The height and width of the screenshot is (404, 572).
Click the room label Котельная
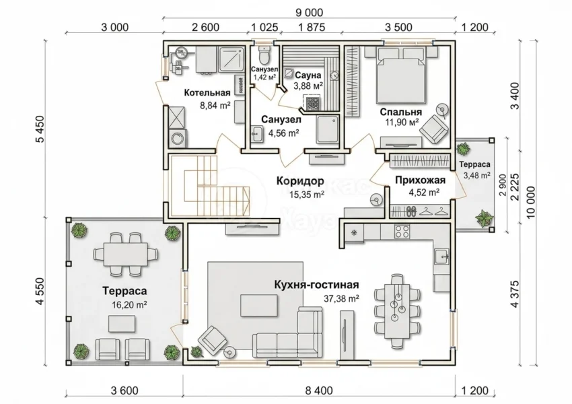pyautogui.click(x=207, y=93)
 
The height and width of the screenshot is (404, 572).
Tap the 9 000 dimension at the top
pyautogui.click(x=309, y=12)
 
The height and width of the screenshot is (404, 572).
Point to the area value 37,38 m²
pyautogui.click(x=341, y=298)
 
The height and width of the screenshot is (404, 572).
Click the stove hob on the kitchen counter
pyautogui.click(x=402, y=231)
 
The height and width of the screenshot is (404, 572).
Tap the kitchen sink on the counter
pyautogui.click(x=442, y=257)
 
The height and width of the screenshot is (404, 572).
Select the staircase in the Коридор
pyautogui.click(x=210, y=186)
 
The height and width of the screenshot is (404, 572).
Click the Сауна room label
pyautogui.click(x=308, y=75)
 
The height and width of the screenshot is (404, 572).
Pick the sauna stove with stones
pyautogui.click(x=312, y=103)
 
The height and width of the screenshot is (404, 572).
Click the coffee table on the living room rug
pyautogui.click(x=258, y=306)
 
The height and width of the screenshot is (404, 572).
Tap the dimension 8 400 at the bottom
pyautogui.click(x=318, y=391)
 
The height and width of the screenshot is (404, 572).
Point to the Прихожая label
pyautogui.click(x=420, y=180)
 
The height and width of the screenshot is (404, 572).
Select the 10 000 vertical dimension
pyautogui.click(x=531, y=202)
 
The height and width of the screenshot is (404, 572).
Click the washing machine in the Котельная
pyautogui.click(x=178, y=138)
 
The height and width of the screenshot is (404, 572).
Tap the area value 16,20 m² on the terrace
pyautogui.click(x=129, y=305)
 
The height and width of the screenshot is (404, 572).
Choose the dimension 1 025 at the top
pyautogui.click(x=265, y=27)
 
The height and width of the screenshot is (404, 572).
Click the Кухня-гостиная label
pyautogui.click(x=317, y=285)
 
